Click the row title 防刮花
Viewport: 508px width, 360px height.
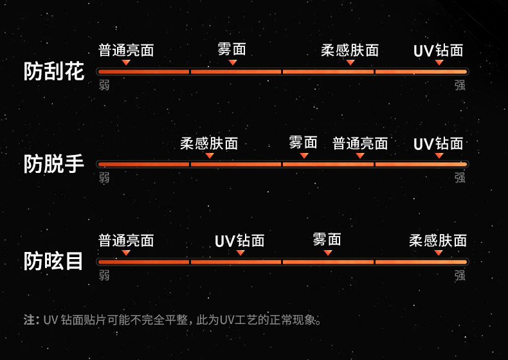click(54, 71)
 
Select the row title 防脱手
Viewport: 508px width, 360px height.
click(54, 164)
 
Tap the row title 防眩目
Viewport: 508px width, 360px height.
click(54, 261)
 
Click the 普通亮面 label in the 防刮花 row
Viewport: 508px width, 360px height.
click(126, 50)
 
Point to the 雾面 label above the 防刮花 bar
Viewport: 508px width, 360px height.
click(232, 49)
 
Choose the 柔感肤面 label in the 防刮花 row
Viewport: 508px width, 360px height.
click(350, 50)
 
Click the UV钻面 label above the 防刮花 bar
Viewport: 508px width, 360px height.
click(439, 50)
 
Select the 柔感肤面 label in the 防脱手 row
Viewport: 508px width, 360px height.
click(209, 143)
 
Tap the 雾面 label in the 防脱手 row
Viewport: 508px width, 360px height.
click(304, 142)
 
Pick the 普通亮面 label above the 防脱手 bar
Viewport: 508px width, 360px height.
click(360, 143)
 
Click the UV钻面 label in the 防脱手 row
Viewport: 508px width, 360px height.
click(439, 143)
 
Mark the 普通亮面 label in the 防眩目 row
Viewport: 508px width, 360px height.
click(126, 240)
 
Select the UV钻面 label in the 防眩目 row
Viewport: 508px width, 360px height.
click(240, 241)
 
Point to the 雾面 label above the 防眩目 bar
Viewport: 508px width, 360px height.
click(327, 239)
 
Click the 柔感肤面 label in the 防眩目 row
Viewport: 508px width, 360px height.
click(438, 240)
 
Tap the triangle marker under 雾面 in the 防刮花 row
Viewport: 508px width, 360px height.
click(233, 62)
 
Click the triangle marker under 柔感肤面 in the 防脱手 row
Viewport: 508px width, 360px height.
click(210, 156)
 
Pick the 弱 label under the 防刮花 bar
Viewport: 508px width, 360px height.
click(104, 85)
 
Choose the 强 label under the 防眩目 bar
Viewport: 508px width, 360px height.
click(460, 275)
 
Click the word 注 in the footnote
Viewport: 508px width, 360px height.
click(29, 319)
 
